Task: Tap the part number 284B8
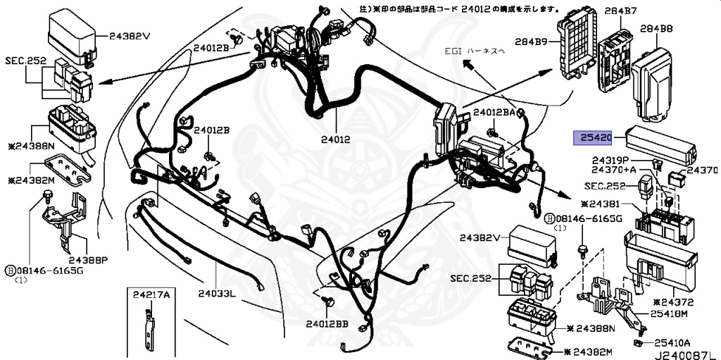pyautogui.click(x=656, y=29)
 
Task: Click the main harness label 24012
pyautogui.click(x=336, y=139)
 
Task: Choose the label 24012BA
pyautogui.click(x=499, y=113)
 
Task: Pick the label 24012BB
pyautogui.click(x=327, y=324)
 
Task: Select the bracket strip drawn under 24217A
pyautogui.click(x=147, y=328)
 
